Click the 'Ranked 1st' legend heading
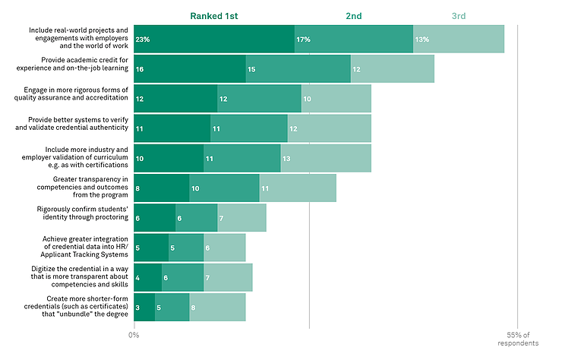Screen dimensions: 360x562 coord(214,15)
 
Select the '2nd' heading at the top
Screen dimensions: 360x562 coord(354,15)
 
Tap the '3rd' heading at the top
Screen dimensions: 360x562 coord(458,15)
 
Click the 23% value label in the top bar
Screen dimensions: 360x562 coord(142,39)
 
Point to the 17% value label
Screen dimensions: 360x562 coord(303,39)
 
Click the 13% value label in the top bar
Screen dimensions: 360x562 coord(421,39)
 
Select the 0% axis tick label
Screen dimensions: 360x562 coord(134,334)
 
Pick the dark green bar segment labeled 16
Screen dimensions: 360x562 coord(190,69)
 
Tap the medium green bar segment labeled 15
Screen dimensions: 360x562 coord(298,69)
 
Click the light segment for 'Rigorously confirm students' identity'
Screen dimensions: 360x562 coord(242,218)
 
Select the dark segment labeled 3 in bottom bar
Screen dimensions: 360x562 coord(144,308)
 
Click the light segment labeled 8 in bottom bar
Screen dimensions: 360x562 coord(217,308)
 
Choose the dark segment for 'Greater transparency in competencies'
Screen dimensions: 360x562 coord(162,188)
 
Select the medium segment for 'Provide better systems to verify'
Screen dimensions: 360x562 coord(249,128)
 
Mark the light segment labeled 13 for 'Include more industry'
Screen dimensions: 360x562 coord(326,159)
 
